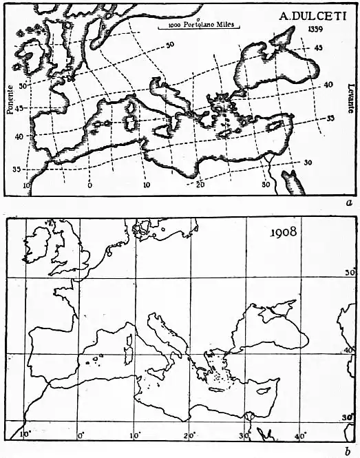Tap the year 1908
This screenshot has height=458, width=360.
(282, 231)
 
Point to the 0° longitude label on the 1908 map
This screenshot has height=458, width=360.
(81, 435)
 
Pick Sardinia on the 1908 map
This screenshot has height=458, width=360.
(126, 355)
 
